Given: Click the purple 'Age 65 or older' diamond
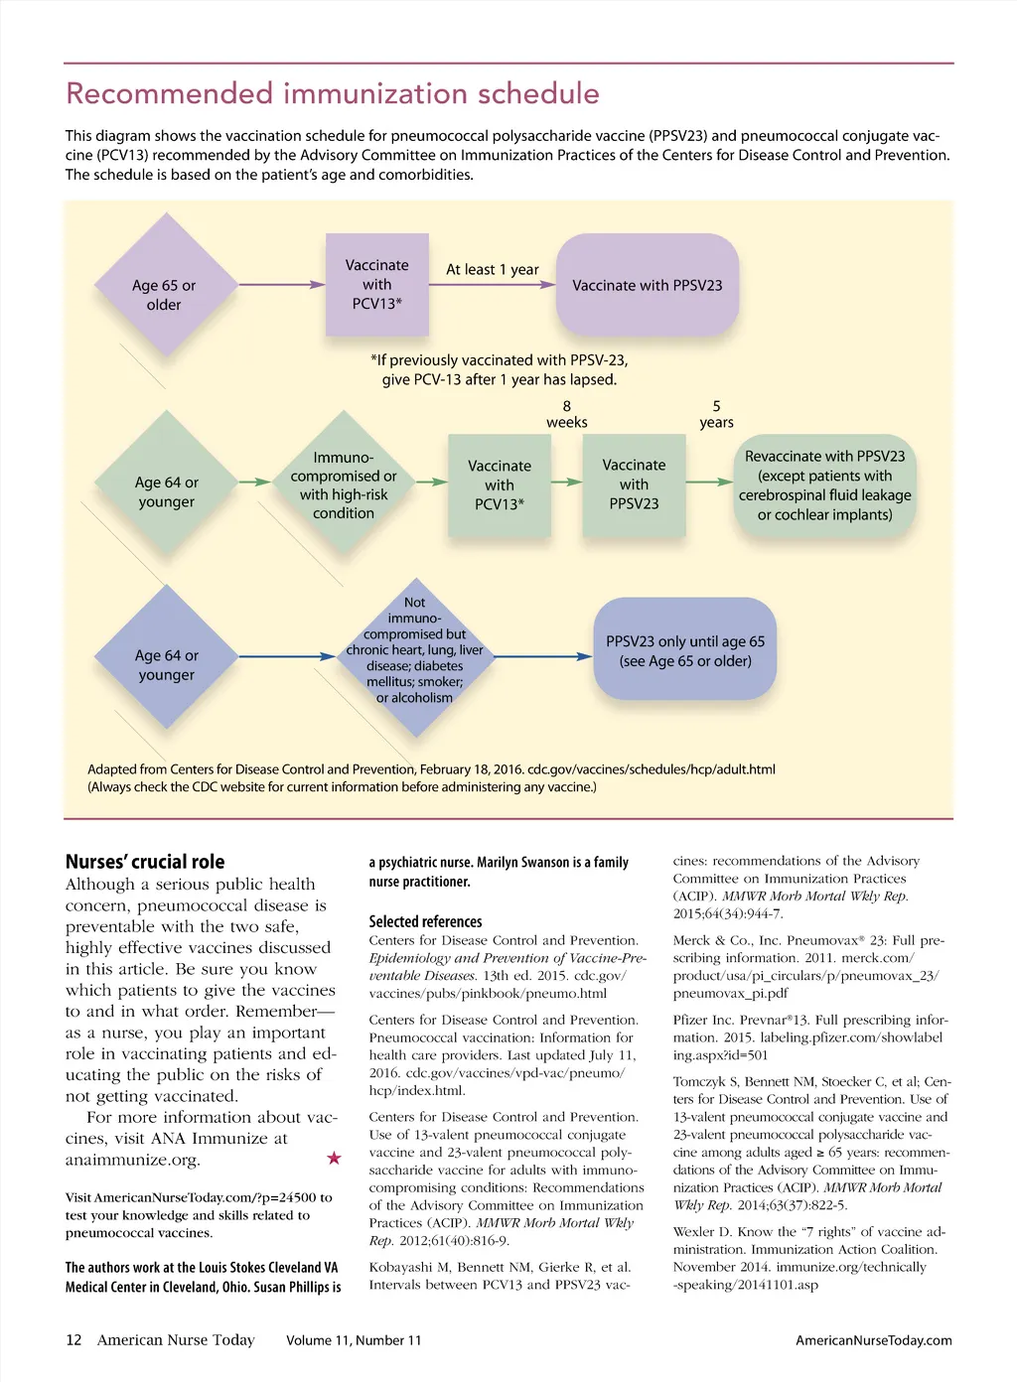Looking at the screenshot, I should pyautogui.click(x=165, y=286).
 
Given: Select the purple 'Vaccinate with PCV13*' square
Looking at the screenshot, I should pyautogui.click(x=377, y=285).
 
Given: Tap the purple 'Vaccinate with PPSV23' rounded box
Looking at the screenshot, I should pyautogui.click(x=648, y=285).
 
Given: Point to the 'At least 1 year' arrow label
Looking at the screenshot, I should pyautogui.click(x=493, y=269).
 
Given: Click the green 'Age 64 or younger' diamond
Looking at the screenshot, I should pyautogui.click(x=167, y=484).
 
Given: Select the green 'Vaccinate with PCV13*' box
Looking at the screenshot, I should pyautogui.click(x=500, y=485).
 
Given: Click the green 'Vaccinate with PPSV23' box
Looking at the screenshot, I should pyautogui.click(x=634, y=484).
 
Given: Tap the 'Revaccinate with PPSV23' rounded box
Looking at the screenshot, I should pyautogui.click(x=824, y=485).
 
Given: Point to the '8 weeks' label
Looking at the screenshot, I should pyautogui.click(x=567, y=414).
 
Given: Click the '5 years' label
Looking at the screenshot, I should pyautogui.click(x=716, y=414).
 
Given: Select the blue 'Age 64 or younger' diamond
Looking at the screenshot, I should pyautogui.click(x=167, y=656).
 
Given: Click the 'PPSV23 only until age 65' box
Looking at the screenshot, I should pyautogui.click(x=685, y=650).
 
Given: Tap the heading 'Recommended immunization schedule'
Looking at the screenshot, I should pyautogui.click(x=333, y=93).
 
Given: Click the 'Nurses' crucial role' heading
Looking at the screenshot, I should pyautogui.click(x=145, y=862).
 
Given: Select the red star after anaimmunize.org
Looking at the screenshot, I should pyautogui.click(x=334, y=1158).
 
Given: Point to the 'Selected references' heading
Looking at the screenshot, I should pyautogui.click(x=425, y=921).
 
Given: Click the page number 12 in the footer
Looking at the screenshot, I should pyautogui.click(x=73, y=1340).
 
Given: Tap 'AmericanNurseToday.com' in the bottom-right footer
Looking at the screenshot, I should pyautogui.click(x=874, y=1340).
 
